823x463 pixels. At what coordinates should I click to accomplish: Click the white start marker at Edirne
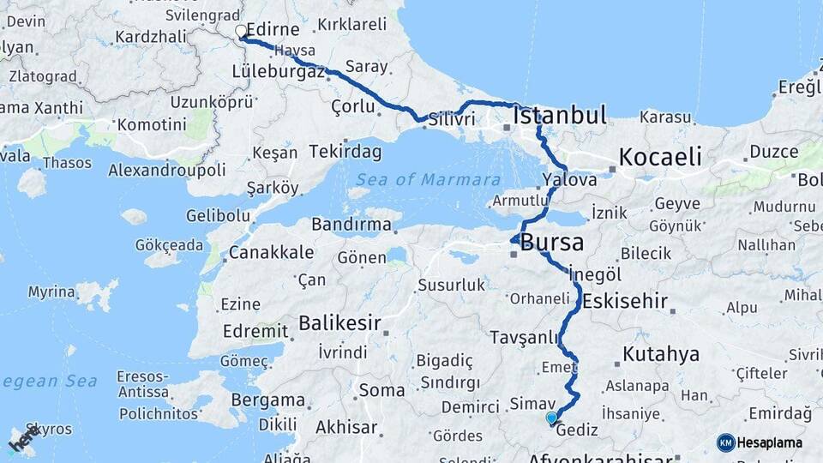tap(241, 32)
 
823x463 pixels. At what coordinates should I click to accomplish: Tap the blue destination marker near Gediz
tap(551, 418)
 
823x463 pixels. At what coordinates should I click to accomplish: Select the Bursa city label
tap(552, 243)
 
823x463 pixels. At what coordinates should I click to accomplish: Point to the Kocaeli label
tap(660, 157)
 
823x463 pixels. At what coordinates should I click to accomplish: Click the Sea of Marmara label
tap(428, 180)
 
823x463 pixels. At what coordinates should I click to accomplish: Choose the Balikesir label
tap(339, 323)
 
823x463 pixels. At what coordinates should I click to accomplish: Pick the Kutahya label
tap(661, 354)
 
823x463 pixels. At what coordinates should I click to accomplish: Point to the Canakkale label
tap(271, 254)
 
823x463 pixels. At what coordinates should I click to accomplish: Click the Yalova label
tap(569, 180)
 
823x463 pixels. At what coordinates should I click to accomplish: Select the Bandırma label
tap(351, 225)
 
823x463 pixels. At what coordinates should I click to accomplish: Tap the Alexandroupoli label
tap(167, 170)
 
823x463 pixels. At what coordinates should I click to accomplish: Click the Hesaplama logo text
tap(772, 443)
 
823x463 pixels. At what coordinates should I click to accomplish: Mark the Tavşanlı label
tap(525, 337)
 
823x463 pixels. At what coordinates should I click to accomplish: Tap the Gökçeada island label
tap(168, 245)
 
